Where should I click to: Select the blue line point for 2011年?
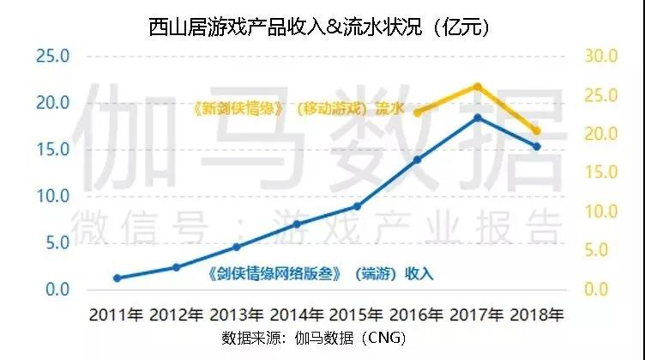point(117,278)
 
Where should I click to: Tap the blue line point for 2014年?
point(297,224)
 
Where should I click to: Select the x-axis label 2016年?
point(417,314)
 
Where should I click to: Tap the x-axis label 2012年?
point(177,314)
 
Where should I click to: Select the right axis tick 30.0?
point(600,57)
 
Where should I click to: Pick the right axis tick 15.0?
point(600,173)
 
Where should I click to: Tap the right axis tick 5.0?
point(600,250)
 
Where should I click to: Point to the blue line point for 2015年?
point(357,206)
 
